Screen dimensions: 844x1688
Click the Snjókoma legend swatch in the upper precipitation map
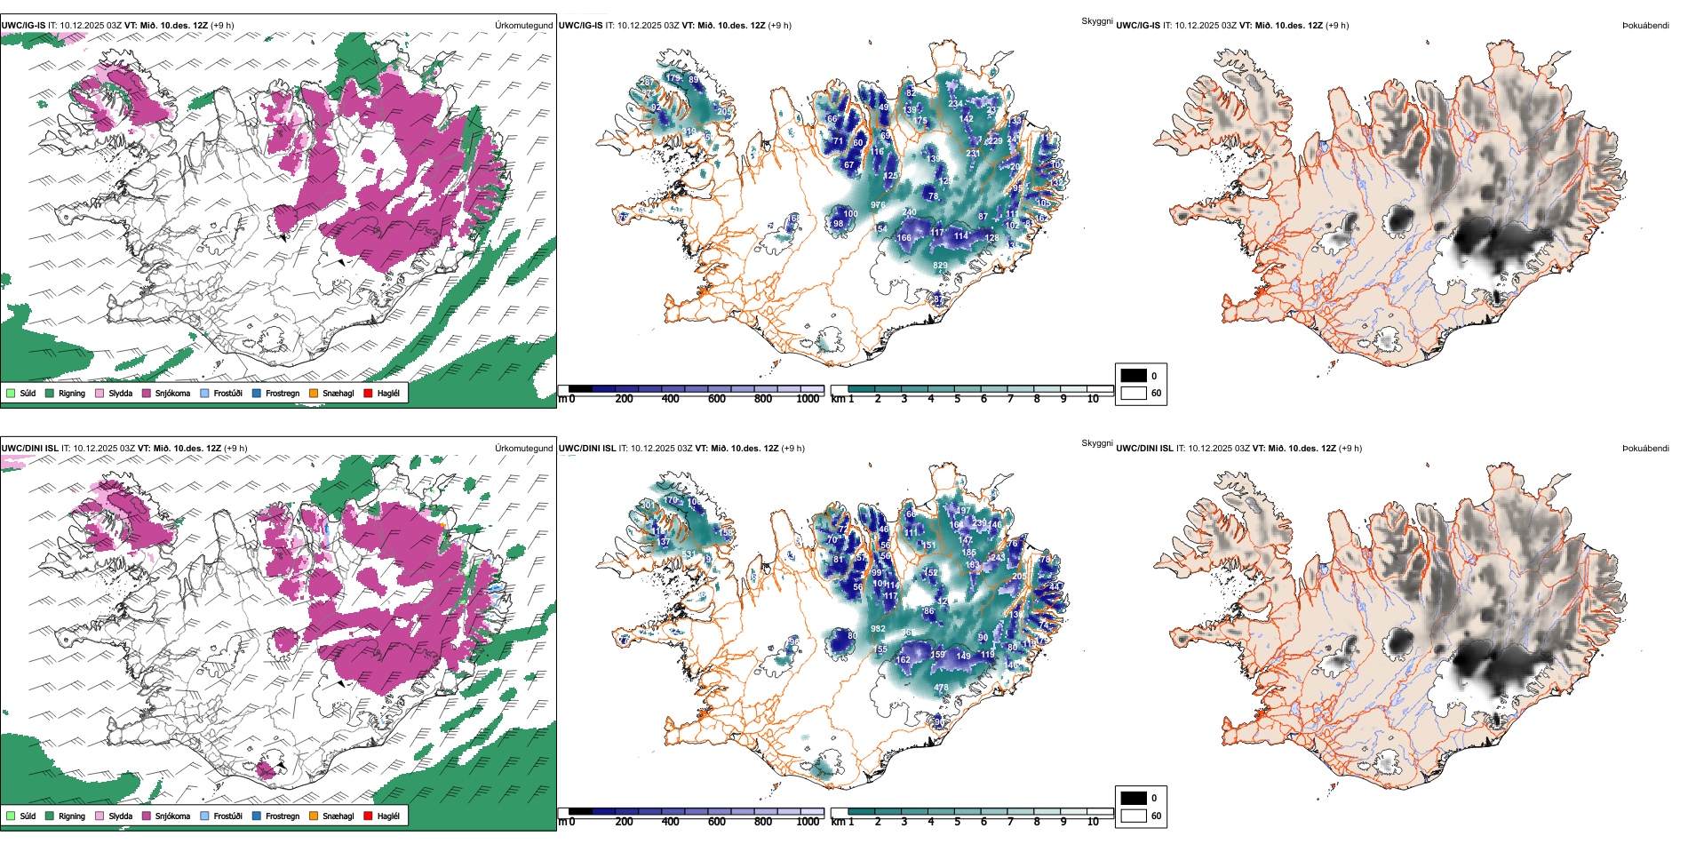point(147,393)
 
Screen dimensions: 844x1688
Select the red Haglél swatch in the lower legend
point(368,816)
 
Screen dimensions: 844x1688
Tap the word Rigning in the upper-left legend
point(72,393)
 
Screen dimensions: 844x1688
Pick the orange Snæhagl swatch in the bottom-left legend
point(314,816)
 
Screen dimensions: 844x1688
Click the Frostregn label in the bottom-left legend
point(283,816)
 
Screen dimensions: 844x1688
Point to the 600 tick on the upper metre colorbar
point(716,399)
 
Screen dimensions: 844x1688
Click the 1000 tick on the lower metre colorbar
point(808,822)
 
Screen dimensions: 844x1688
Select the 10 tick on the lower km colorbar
point(1093,822)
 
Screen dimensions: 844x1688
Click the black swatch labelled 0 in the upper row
point(1134,375)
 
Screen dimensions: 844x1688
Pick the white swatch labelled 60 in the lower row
point(1134,816)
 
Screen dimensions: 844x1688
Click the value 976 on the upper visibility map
point(878,205)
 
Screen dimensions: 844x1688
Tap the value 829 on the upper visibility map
point(940,266)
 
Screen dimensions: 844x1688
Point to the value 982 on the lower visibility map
point(878,629)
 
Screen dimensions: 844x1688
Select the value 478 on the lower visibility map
point(941,688)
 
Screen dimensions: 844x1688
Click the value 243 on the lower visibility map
point(998,558)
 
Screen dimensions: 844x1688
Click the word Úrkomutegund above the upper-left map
point(523,26)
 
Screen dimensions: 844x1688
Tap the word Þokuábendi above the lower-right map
point(1645,449)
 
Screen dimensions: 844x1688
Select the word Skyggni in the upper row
point(1097,20)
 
